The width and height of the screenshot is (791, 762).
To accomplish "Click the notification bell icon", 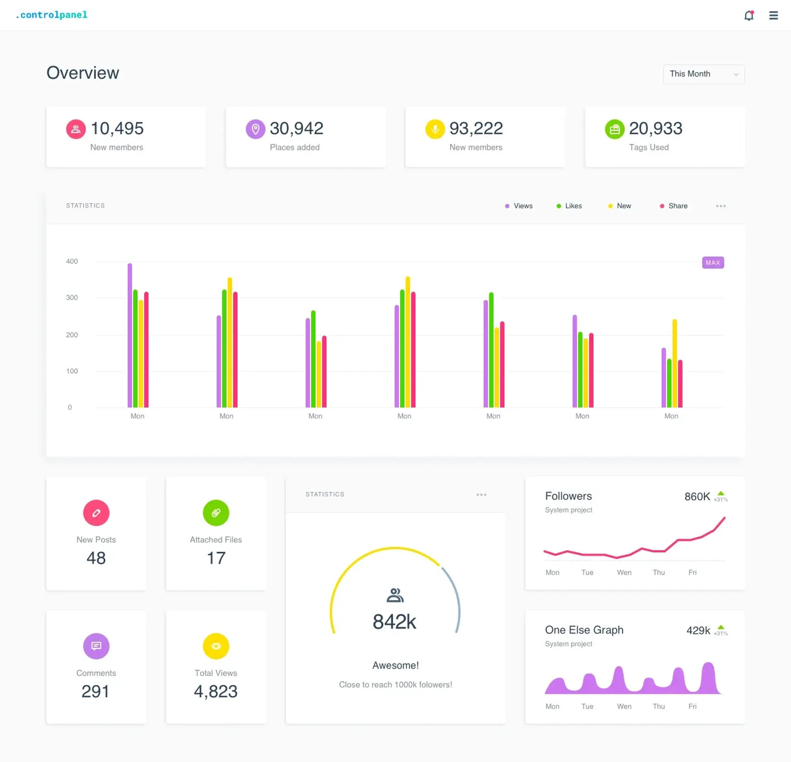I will pos(749,15).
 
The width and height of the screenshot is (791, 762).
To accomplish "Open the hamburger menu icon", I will pos(773,15).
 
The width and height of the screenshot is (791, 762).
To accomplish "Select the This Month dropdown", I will pos(704,74).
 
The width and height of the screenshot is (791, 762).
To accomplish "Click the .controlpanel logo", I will pos(51,15).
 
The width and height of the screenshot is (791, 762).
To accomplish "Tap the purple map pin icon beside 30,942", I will pos(255,129).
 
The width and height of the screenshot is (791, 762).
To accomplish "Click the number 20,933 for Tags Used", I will pos(655,128).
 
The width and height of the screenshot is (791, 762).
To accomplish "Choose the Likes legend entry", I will pos(569,206).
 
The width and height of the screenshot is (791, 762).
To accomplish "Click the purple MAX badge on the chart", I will pos(712,263).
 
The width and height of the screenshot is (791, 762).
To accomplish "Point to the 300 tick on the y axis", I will pos(72,298).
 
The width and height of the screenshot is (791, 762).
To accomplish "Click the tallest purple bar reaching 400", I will pos(130,335).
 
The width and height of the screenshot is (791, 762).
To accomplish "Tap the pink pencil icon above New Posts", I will pos(96,513).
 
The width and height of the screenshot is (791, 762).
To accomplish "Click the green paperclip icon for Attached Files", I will pos(216,513).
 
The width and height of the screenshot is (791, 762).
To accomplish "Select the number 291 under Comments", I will pos(95,691).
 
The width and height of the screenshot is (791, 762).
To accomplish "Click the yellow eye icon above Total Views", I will pos(216,646).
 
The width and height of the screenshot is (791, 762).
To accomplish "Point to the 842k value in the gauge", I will pos(395,622).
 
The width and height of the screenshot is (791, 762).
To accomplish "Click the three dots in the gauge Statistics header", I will pos(481,495).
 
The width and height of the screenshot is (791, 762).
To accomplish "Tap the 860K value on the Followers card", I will pos(697,497).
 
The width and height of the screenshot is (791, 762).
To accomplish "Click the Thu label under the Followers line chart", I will pos(658,572).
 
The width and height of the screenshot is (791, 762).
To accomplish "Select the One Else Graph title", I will pos(584,630).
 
